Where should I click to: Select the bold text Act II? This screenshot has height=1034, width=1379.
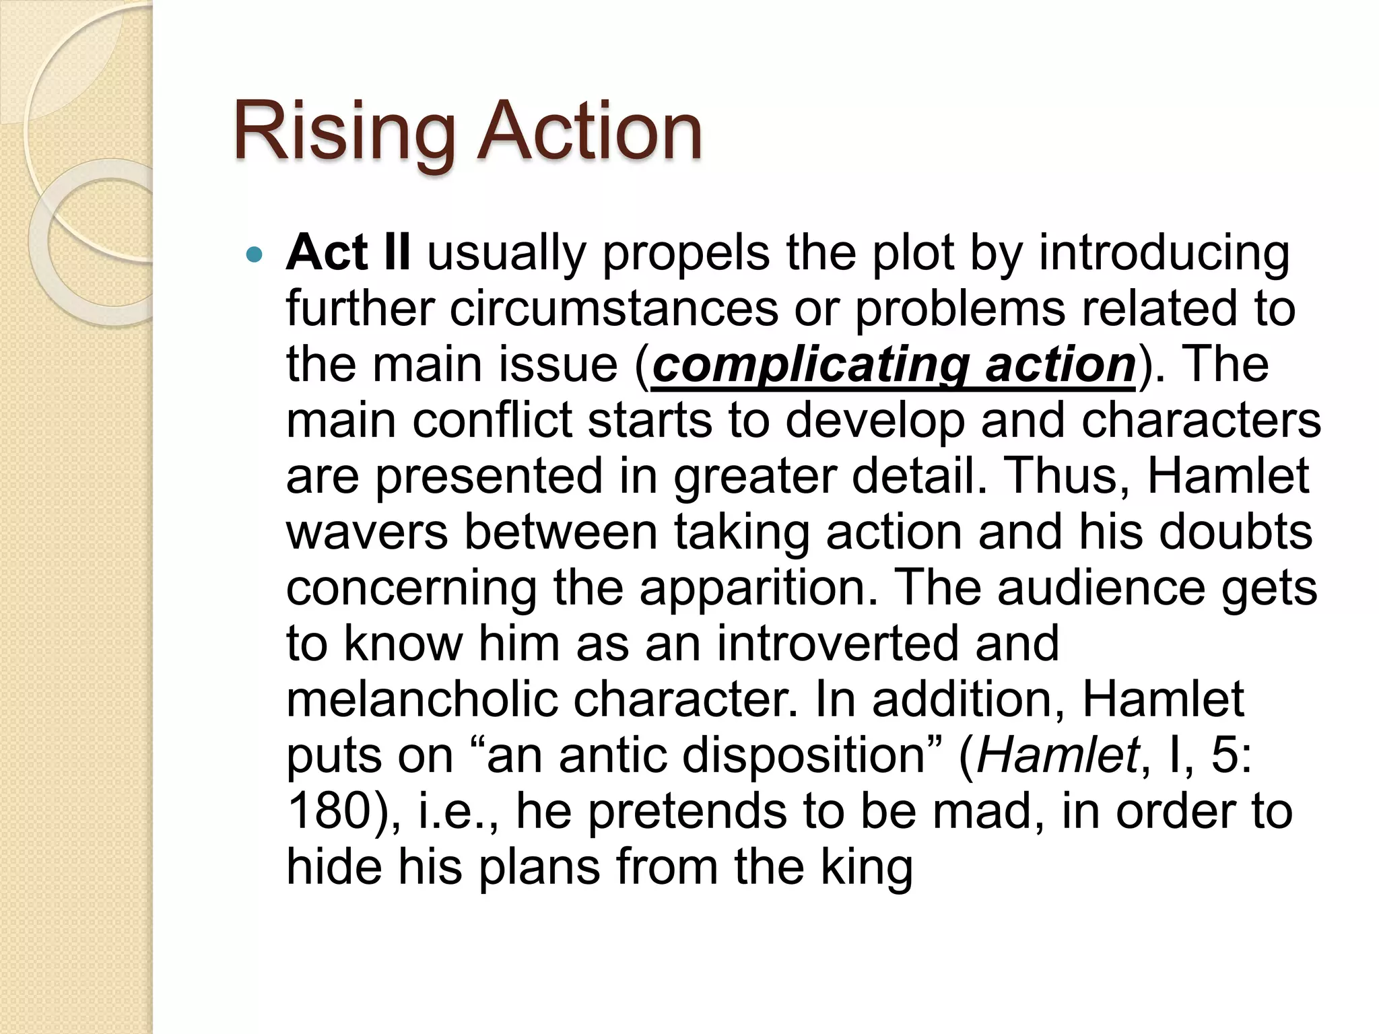[347, 253]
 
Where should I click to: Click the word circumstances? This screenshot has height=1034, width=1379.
[613, 309]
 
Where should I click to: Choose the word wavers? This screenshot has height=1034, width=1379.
[367, 532]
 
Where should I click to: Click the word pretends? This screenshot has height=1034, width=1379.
[687, 812]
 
